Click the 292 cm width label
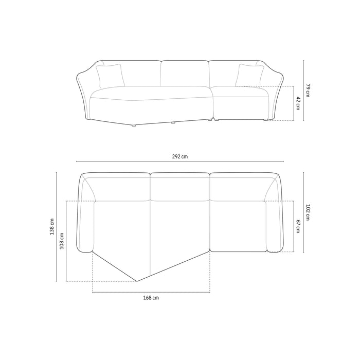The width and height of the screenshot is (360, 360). [x=180, y=156]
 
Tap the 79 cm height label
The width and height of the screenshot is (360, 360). [x=308, y=91]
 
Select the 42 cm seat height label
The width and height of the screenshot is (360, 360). [x=298, y=103]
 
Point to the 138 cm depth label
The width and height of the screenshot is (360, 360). [x=52, y=226]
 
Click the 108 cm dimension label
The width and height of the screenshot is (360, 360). [x=62, y=241]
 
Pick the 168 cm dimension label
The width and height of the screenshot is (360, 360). [x=151, y=298]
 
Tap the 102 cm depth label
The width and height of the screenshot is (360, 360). [x=308, y=212]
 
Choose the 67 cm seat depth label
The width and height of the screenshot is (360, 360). [x=298, y=226]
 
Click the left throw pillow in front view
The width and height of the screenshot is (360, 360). [x=111, y=76]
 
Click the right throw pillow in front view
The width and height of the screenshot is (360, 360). [x=249, y=76]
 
